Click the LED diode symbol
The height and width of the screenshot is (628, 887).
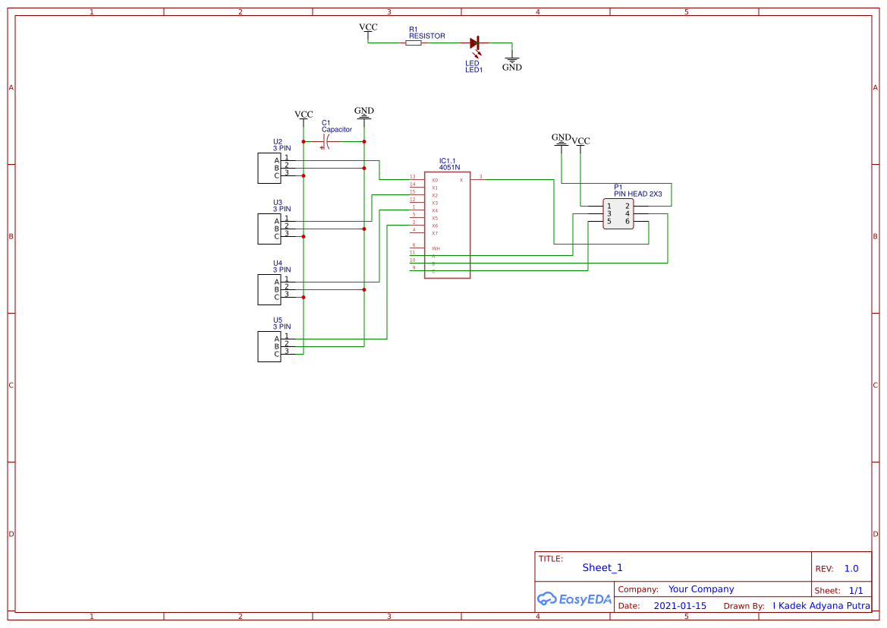click(x=475, y=43)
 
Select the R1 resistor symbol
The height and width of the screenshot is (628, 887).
click(x=414, y=43)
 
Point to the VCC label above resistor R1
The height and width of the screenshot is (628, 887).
click(x=368, y=27)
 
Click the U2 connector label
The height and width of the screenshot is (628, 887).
click(x=278, y=142)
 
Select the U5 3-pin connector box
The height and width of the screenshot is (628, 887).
click(x=269, y=346)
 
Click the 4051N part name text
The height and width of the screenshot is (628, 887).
click(x=449, y=167)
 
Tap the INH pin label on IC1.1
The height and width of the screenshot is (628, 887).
click(x=436, y=249)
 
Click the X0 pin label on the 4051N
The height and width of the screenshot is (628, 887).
click(x=435, y=180)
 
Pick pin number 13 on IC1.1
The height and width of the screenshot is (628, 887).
click(x=413, y=176)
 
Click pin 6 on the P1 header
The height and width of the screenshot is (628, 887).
click(x=628, y=222)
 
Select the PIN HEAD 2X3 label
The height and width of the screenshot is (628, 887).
click(x=637, y=194)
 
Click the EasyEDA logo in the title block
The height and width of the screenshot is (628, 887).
click(x=574, y=599)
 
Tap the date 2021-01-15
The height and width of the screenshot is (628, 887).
click(x=679, y=606)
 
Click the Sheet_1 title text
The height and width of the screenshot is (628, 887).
click(x=602, y=567)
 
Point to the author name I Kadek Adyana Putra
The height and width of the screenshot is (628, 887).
click(x=821, y=606)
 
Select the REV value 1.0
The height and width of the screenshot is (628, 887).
click(x=851, y=569)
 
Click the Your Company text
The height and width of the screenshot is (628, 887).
click(x=700, y=589)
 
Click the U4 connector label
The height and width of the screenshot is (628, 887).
click(x=278, y=264)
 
